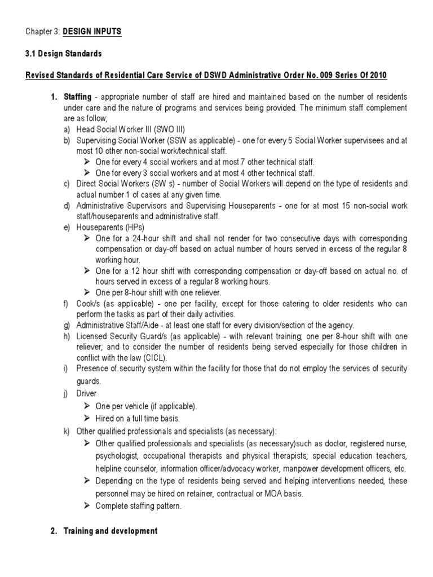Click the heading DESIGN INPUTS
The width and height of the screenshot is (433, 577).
(x=92, y=32)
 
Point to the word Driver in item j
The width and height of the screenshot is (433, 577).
(x=86, y=394)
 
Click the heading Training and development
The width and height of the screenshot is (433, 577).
(x=110, y=531)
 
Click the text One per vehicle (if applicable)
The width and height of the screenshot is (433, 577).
(x=146, y=406)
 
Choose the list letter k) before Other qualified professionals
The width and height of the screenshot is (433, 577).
(x=67, y=431)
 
